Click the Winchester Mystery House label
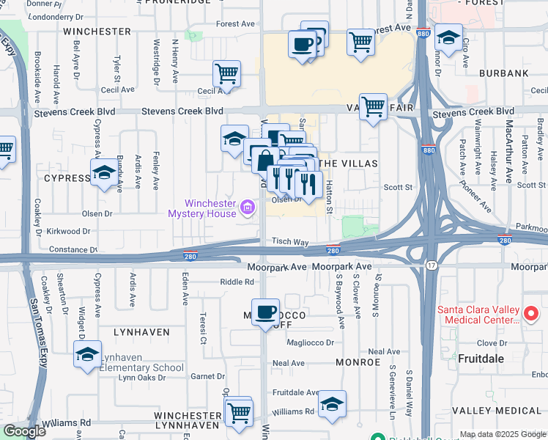[202, 208]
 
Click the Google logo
[25, 432]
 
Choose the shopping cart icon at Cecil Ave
[227, 74]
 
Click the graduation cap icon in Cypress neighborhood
[103, 173]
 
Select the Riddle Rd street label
[236, 282]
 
